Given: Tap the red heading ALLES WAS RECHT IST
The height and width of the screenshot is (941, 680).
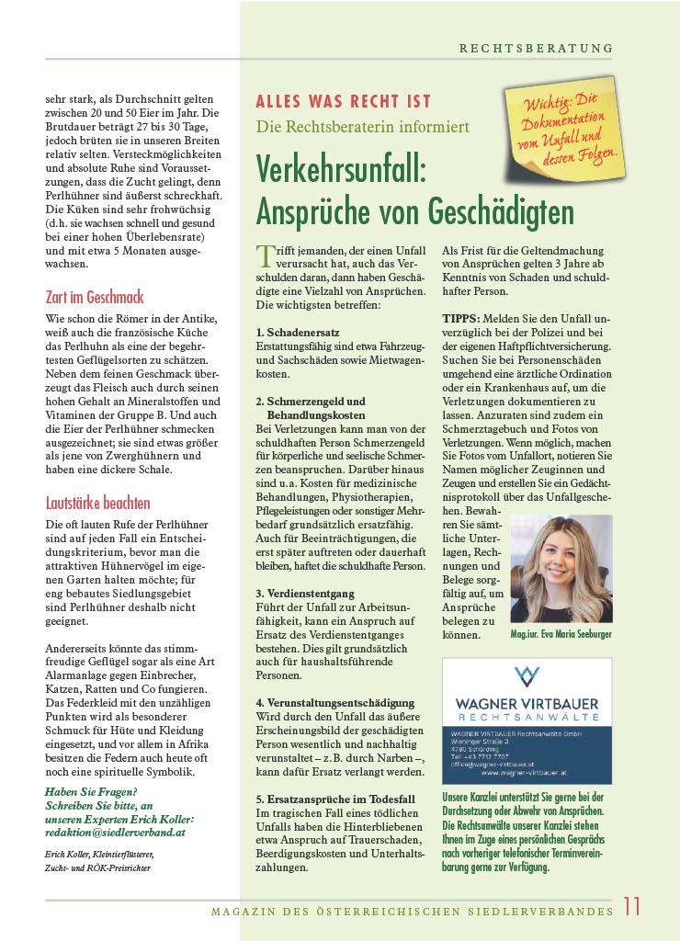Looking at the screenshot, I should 343,102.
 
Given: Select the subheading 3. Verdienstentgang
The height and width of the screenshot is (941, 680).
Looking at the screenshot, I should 306,594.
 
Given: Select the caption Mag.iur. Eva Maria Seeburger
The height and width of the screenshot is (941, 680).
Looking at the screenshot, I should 561,634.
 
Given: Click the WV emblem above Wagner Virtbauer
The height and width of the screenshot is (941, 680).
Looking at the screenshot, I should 527,676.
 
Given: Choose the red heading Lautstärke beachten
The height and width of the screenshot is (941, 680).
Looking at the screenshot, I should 97,503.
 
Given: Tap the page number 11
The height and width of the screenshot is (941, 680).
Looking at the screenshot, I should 631,906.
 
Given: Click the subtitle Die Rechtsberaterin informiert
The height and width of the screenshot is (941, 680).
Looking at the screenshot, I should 350,126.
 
